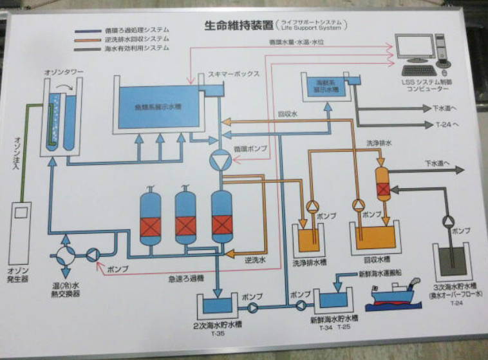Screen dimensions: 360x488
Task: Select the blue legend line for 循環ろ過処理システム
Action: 86,30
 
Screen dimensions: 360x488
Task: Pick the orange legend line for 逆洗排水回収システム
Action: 86,39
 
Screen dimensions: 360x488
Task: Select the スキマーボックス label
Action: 234,74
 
